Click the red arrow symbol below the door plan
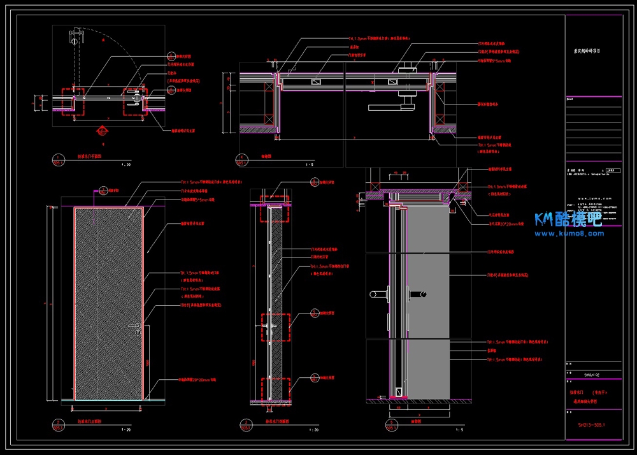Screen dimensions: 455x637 coord(99,132)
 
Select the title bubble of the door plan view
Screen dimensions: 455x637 coord(59,161)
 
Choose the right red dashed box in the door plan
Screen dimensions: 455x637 coord(135,101)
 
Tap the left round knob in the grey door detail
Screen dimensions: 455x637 coord(376,294)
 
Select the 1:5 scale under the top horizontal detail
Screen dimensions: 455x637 coord(310,164)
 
